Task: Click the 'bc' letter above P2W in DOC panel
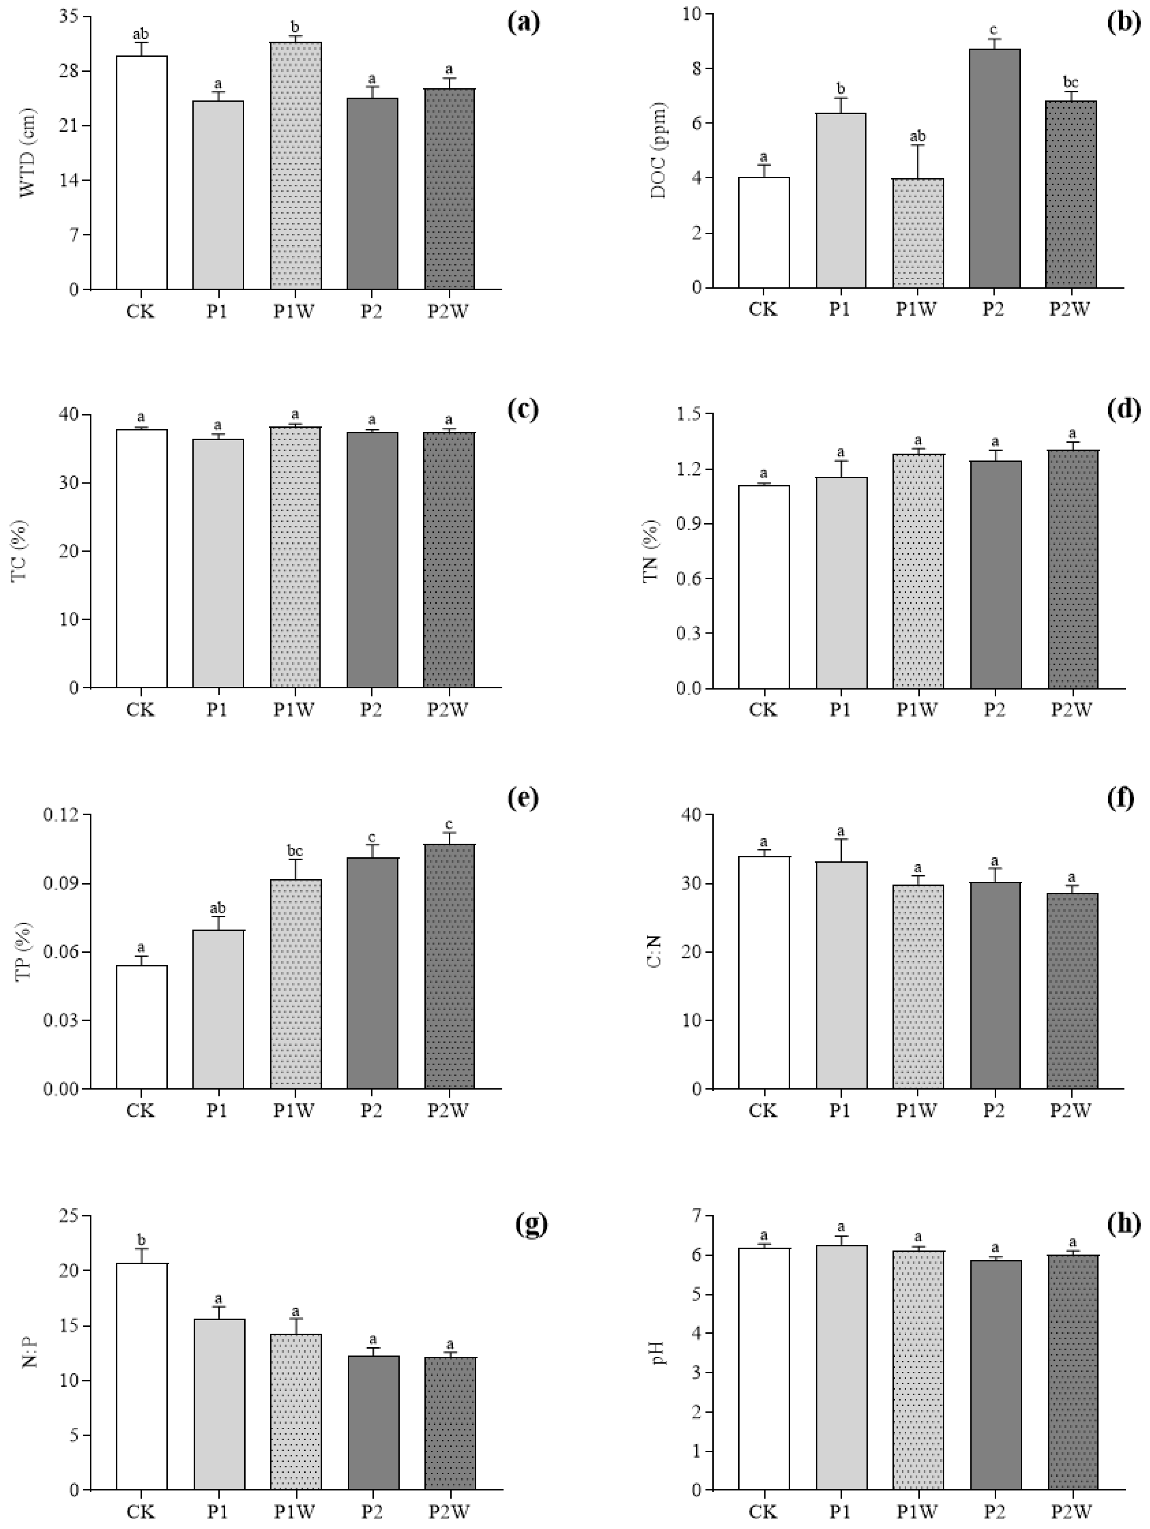(1071, 83)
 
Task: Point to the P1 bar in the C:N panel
(841, 975)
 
